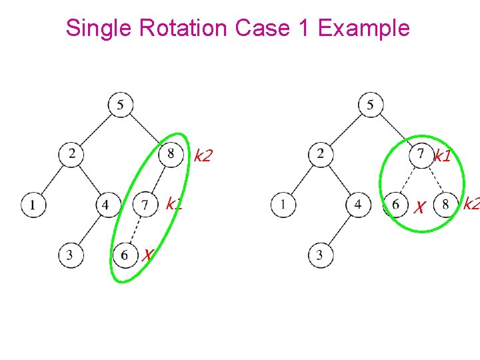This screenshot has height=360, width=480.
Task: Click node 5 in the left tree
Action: (120, 104)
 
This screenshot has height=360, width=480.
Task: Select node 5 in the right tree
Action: (370, 104)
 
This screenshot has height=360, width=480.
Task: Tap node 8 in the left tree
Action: (171, 155)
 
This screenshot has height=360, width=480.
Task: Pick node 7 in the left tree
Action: (145, 204)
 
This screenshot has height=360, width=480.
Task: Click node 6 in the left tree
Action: (125, 255)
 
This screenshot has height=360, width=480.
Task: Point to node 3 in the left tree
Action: (70, 255)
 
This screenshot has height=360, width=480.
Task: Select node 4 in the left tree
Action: (106, 204)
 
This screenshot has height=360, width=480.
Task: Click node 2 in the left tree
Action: (71, 155)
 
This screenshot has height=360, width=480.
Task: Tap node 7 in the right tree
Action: (420, 155)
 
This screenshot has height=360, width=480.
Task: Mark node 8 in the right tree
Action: (445, 204)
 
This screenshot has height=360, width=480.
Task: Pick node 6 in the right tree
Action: (395, 204)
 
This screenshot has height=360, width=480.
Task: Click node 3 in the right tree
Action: (320, 255)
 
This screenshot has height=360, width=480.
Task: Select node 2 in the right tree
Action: (321, 155)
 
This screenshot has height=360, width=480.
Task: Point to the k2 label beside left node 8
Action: (203, 157)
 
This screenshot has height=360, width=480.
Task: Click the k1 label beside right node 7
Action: (443, 157)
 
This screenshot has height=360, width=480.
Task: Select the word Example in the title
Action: (364, 28)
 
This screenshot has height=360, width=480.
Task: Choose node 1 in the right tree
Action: (283, 204)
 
